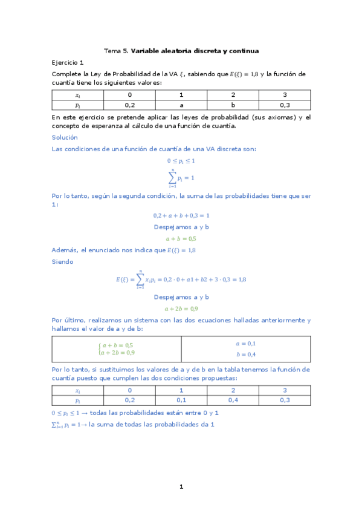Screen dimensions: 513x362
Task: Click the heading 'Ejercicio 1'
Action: [x=68, y=62]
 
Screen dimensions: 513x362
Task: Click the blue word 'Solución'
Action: [x=65, y=137]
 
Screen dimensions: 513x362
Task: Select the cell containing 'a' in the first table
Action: [x=181, y=105]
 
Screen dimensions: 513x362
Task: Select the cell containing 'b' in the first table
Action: [x=233, y=105]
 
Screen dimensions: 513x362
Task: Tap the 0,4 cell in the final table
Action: [x=233, y=400]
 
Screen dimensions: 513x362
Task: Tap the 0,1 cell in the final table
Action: [x=181, y=400]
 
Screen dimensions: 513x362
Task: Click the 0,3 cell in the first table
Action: [x=285, y=105]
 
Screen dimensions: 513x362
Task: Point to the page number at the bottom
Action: [x=181, y=486]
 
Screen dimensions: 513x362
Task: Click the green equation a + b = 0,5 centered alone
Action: [x=181, y=238]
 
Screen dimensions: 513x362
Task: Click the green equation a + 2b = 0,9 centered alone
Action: [x=181, y=308]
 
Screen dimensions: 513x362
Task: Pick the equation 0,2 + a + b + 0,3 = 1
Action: [x=181, y=215]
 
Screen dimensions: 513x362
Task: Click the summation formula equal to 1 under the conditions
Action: [x=181, y=178]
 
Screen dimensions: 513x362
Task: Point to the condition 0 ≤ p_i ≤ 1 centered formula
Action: [x=181, y=161]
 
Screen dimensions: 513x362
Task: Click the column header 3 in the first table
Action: [x=285, y=95]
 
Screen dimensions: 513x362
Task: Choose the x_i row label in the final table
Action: [x=77, y=390]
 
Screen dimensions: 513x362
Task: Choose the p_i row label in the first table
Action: [x=77, y=105]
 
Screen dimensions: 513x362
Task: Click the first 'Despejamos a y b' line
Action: [x=181, y=227]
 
